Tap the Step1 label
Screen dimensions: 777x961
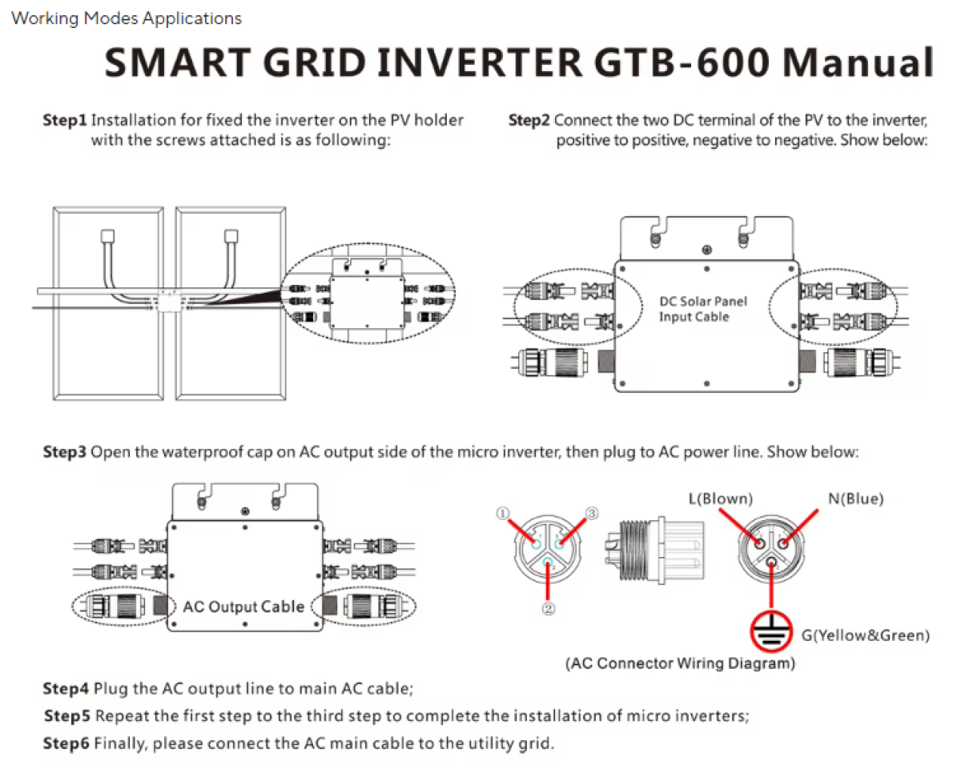click(x=64, y=121)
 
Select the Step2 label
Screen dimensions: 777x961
click(x=529, y=121)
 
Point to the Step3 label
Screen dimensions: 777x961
click(x=64, y=452)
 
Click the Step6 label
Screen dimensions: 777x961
click(x=66, y=743)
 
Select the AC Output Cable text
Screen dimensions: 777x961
click(x=243, y=607)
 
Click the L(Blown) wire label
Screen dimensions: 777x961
click(x=721, y=499)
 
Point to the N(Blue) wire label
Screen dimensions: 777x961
click(x=855, y=499)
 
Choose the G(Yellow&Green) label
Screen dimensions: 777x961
click(x=866, y=635)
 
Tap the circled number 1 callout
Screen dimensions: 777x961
click(x=503, y=515)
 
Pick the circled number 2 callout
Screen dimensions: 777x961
click(x=548, y=608)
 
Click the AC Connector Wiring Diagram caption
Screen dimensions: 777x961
click(x=680, y=663)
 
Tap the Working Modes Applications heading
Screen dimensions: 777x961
click(x=127, y=18)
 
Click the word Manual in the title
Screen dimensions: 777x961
click(x=857, y=62)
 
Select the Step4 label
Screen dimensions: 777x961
click(x=66, y=688)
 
